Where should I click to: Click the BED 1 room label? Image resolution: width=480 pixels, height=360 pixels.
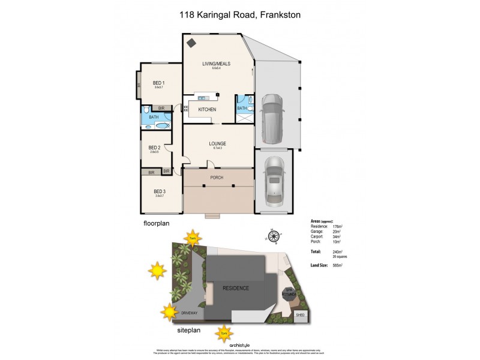(x=158, y=83)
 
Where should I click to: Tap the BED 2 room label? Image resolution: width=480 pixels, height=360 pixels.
(x=154, y=147)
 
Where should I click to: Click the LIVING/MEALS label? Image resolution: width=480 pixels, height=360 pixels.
(x=216, y=64)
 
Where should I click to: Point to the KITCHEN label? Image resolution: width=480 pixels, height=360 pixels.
(x=207, y=109)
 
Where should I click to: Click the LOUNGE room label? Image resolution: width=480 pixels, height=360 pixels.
(x=217, y=143)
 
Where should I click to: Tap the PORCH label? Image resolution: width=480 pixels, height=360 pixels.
(x=217, y=178)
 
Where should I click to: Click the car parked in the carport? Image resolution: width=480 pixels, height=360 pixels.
(x=274, y=119)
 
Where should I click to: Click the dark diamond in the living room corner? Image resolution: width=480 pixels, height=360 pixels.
(x=191, y=43)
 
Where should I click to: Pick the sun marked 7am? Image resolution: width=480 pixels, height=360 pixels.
(x=193, y=238)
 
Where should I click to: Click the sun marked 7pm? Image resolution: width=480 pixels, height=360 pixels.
(x=224, y=330)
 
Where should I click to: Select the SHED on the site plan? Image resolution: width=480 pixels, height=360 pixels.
(x=300, y=315)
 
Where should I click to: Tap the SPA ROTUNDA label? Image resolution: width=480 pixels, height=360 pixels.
(x=290, y=292)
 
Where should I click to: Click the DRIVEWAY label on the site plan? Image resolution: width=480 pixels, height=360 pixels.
(x=190, y=313)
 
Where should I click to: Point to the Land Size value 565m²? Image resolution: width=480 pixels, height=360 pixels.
(x=338, y=265)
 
